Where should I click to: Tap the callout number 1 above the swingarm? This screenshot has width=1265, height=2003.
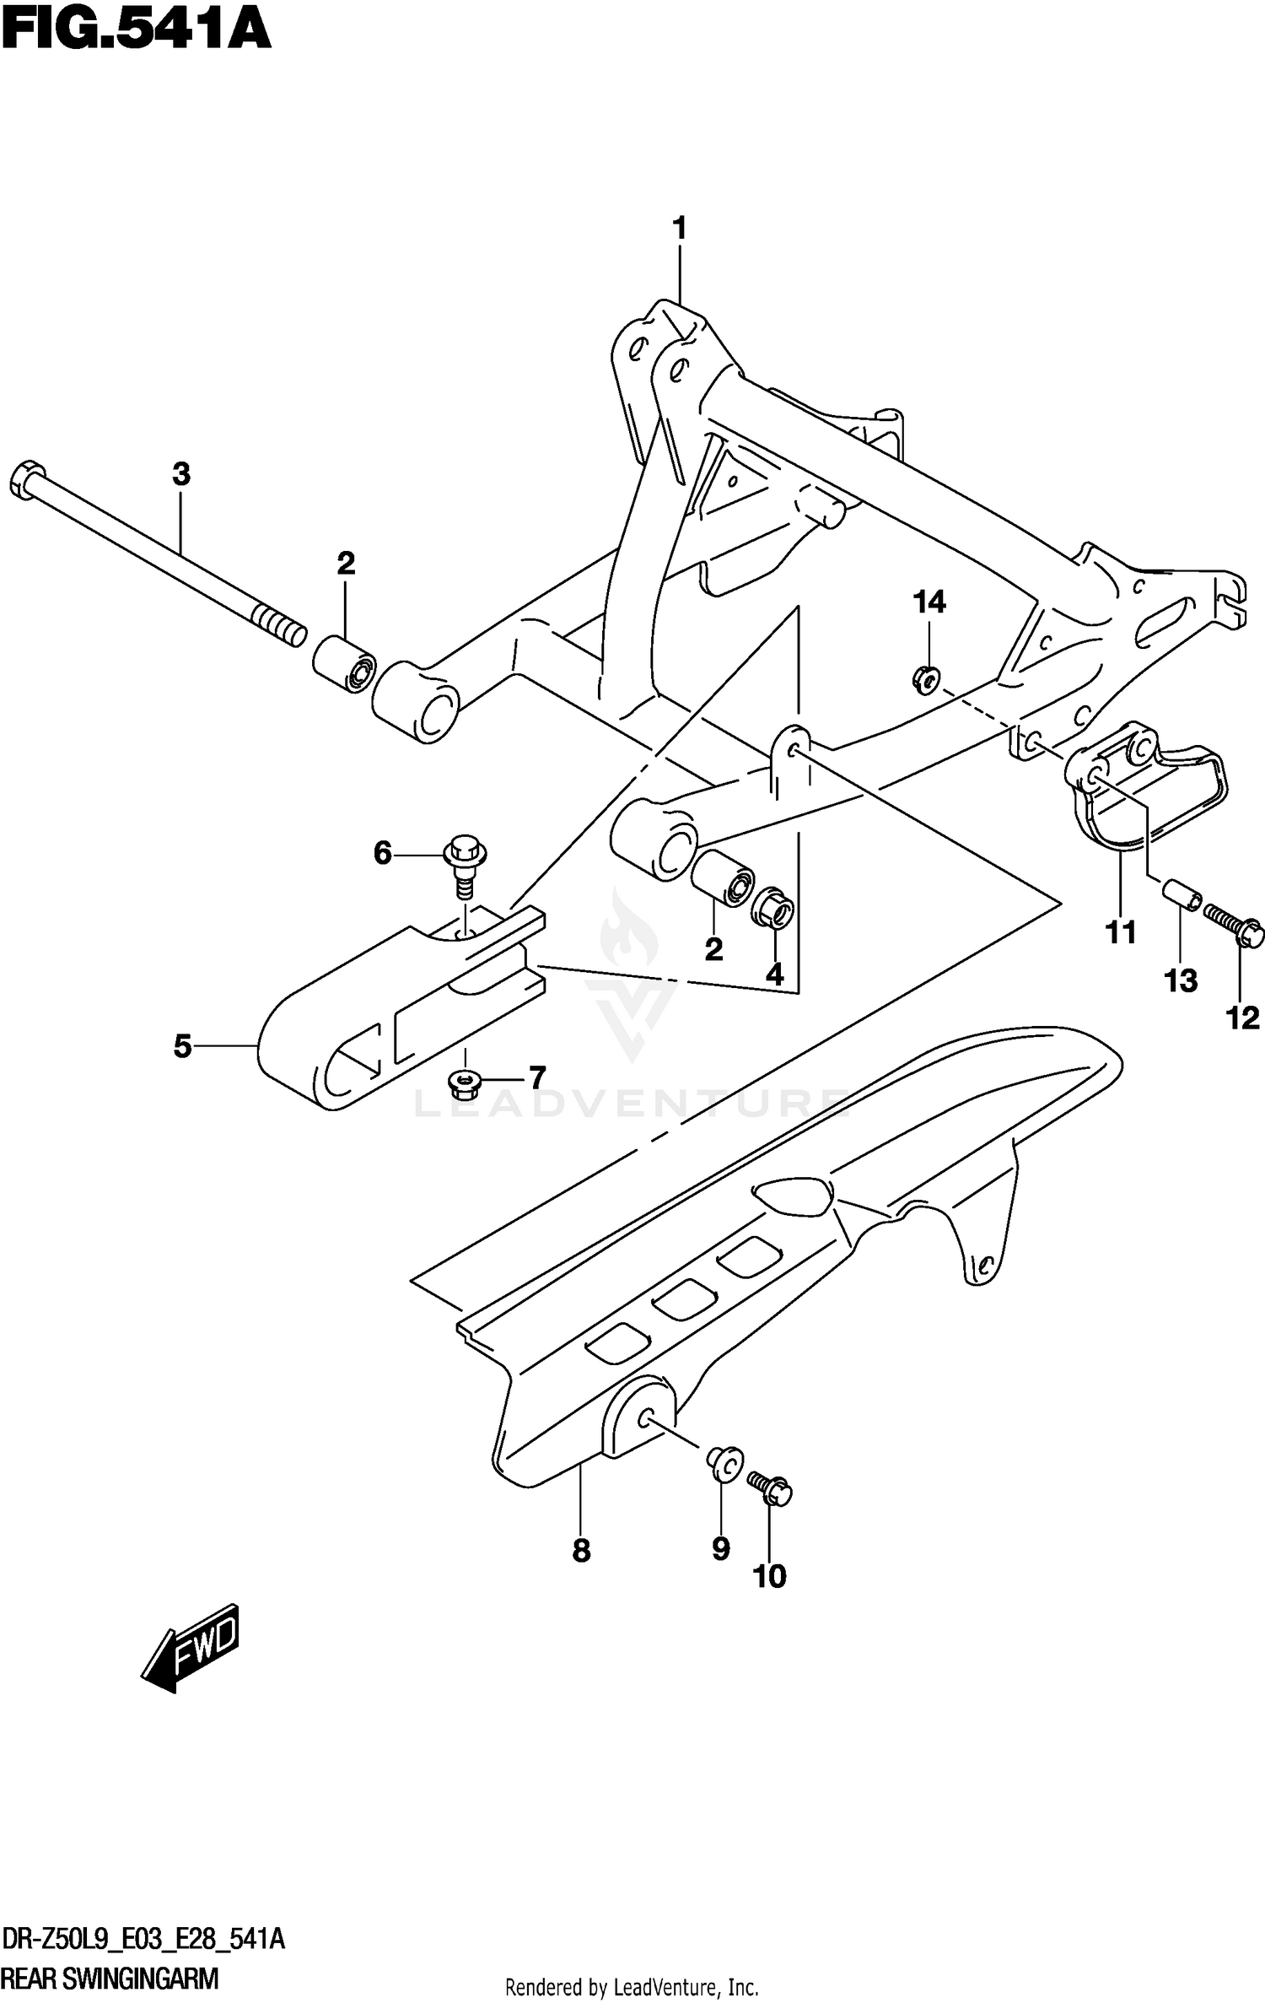pos(679,229)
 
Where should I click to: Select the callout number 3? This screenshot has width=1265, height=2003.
pos(181,475)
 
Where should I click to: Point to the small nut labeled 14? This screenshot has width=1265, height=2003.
pos(926,678)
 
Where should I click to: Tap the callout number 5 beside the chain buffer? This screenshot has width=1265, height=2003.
pos(183,1046)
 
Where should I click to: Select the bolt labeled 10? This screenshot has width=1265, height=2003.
pos(771,1489)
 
